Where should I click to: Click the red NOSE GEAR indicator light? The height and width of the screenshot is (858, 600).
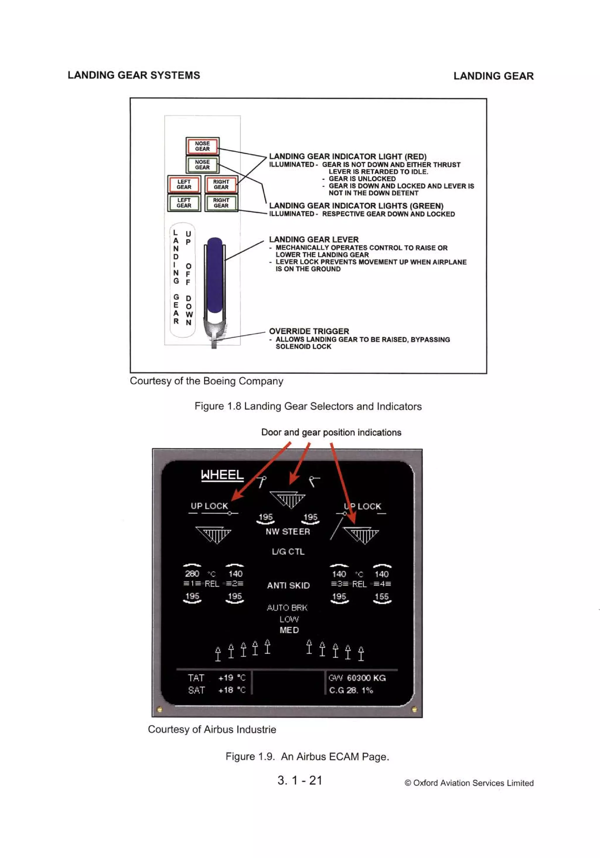point(202,146)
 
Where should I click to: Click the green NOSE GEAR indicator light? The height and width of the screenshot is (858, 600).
point(202,164)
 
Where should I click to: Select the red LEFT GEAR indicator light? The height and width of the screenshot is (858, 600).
point(184,184)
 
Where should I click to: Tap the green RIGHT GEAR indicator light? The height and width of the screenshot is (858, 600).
point(221,203)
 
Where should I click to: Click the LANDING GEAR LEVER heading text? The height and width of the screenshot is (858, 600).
point(313,239)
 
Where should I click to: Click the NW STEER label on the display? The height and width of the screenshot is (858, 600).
point(288,531)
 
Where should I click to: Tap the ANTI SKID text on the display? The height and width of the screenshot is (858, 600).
point(288,585)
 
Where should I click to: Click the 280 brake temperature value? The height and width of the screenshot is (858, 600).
point(192,574)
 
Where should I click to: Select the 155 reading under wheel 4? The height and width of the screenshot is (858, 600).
point(381,597)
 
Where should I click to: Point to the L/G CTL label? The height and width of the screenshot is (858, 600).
point(288,552)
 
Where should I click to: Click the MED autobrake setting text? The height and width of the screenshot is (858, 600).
point(289,630)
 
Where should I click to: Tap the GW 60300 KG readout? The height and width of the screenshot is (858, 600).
point(357,678)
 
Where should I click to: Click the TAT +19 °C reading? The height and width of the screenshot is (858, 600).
point(216,678)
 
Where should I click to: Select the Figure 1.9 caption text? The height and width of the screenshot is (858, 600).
point(307,756)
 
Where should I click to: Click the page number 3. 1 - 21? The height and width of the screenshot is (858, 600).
point(300,780)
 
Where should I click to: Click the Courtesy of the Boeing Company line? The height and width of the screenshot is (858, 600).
point(206,381)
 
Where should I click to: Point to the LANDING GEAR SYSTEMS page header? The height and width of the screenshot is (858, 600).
point(134,75)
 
